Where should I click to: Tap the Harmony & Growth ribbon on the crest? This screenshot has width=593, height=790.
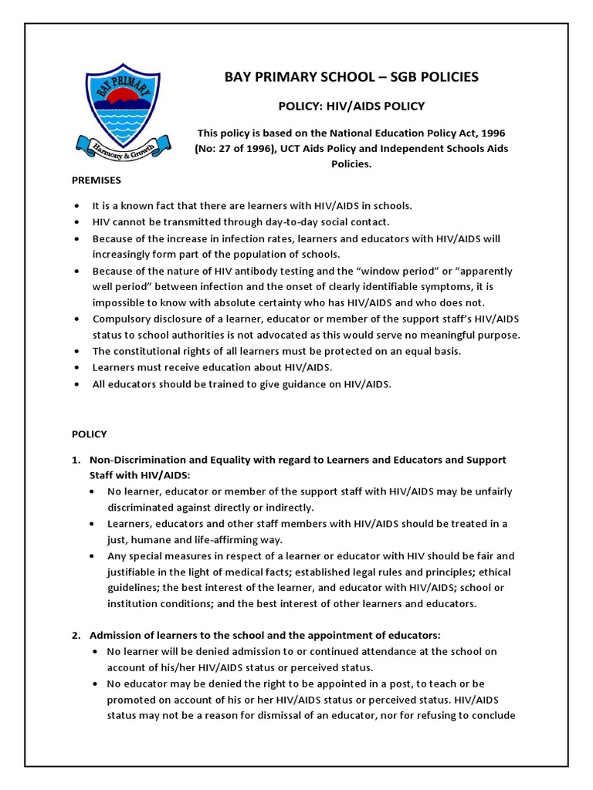click(x=116, y=144)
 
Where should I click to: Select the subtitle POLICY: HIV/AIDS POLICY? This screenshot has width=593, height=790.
click(x=351, y=106)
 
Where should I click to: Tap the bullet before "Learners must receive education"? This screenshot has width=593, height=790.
click(x=76, y=367)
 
